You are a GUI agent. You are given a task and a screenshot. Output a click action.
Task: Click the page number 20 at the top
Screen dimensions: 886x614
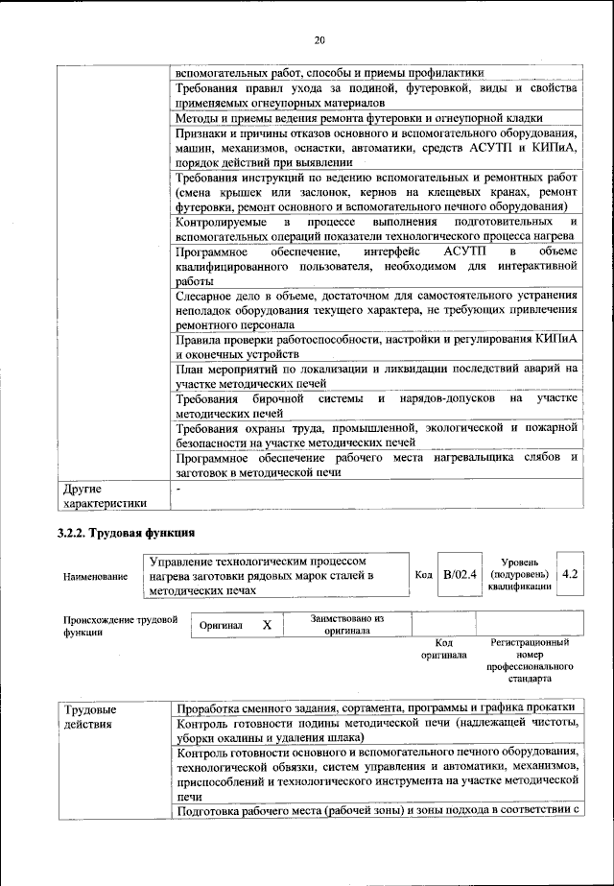[x=320, y=40]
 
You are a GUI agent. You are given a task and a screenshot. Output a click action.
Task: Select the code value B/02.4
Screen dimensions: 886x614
[x=460, y=575]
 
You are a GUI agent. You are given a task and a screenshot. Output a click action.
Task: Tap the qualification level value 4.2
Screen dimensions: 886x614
[x=570, y=574]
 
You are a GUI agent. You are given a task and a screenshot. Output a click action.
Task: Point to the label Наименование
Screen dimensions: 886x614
[x=95, y=576]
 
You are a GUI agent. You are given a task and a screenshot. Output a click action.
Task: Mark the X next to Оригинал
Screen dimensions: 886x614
[x=267, y=625]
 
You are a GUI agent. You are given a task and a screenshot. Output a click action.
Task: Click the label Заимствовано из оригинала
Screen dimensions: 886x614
[x=346, y=625]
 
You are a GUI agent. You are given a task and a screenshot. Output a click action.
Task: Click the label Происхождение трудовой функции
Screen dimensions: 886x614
[x=121, y=626]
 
